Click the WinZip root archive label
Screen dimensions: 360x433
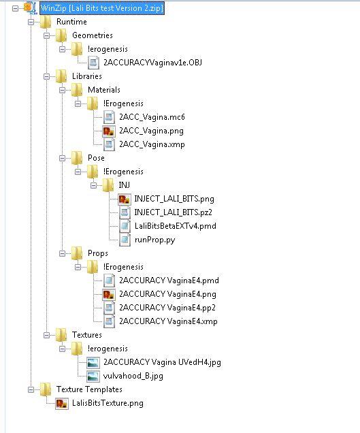click(102, 8)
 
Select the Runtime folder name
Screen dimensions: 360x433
click(71, 22)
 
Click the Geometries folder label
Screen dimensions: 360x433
click(93, 35)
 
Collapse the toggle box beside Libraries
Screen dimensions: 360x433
click(47, 76)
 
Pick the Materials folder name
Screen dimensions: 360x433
click(104, 90)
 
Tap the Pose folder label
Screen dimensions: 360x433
click(96, 158)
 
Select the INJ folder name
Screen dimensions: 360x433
click(125, 185)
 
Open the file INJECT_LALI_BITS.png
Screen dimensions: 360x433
click(174, 199)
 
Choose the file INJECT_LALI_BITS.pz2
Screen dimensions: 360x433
click(173, 212)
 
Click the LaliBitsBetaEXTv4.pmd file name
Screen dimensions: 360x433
click(176, 226)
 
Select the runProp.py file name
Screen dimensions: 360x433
click(155, 240)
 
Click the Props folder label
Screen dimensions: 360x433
click(98, 253)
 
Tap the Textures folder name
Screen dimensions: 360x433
click(87, 335)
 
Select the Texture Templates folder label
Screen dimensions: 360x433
click(89, 389)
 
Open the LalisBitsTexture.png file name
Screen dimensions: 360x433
click(108, 403)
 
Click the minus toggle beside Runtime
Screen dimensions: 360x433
click(31, 22)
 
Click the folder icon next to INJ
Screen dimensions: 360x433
click(108, 185)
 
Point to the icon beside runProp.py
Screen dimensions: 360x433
click(125, 240)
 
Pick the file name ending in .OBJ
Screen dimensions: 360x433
click(152, 63)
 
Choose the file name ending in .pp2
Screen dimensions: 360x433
click(167, 308)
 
